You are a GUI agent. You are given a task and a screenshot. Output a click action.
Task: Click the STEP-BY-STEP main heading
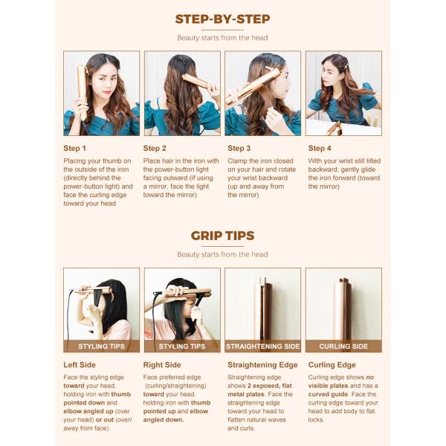(x=222, y=19)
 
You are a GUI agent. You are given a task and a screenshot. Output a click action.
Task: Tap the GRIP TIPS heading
(x=222, y=236)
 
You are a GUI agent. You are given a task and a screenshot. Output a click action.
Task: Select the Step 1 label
(x=74, y=148)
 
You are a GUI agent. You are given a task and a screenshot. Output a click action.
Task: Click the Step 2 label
(x=155, y=148)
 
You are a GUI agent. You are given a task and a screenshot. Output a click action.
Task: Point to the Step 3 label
(x=239, y=148)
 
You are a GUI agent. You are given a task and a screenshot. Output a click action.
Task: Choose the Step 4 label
(x=320, y=148)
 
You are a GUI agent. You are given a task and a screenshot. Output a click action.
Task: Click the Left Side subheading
(x=80, y=365)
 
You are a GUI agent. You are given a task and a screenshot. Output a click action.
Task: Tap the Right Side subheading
(x=162, y=365)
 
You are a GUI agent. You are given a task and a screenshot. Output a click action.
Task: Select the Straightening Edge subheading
(x=262, y=365)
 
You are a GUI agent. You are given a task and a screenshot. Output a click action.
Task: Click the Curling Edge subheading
(x=332, y=365)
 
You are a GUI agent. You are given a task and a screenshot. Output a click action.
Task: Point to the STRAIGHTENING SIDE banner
(x=263, y=346)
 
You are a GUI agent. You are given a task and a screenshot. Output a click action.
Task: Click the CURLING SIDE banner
(x=343, y=346)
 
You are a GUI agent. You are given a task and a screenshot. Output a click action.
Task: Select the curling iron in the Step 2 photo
(x=196, y=81)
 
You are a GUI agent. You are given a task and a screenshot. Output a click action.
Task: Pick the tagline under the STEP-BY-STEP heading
(x=222, y=38)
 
